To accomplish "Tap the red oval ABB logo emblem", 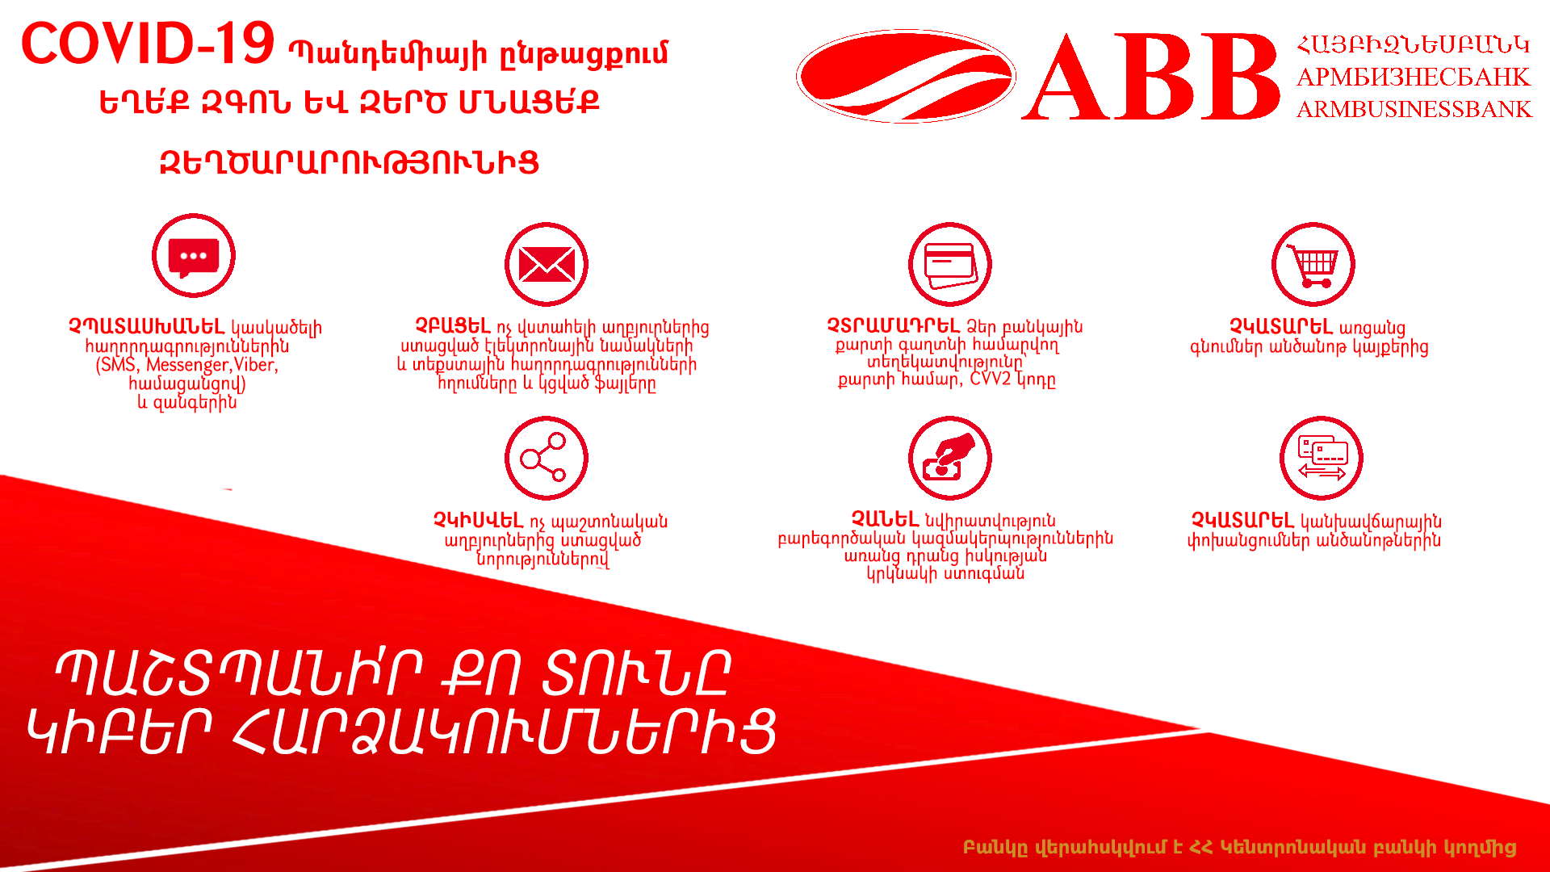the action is tap(906, 77).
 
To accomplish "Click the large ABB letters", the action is tap(1151, 78).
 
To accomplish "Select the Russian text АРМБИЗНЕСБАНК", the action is tap(1413, 77).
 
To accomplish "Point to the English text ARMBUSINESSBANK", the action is tap(1414, 109).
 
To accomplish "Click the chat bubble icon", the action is tap(194, 256).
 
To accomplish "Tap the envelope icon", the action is tap(547, 264).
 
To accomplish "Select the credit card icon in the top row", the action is tap(950, 264).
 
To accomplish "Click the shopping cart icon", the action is tap(1313, 264).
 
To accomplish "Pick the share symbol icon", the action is tap(547, 458).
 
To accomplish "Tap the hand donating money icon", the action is tap(950, 458).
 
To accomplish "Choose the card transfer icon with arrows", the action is tap(1322, 458).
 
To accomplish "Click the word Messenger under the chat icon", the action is tap(187, 365).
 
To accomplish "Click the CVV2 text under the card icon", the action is tap(991, 379).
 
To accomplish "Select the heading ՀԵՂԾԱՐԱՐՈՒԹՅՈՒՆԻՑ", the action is tap(349, 163).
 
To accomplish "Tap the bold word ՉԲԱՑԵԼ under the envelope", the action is tap(453, 326).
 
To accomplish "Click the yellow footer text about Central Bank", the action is tap(1239, 848).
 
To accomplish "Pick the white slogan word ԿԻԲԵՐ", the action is tap(120, 732).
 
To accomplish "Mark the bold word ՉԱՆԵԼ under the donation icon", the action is tap(886, 519).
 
